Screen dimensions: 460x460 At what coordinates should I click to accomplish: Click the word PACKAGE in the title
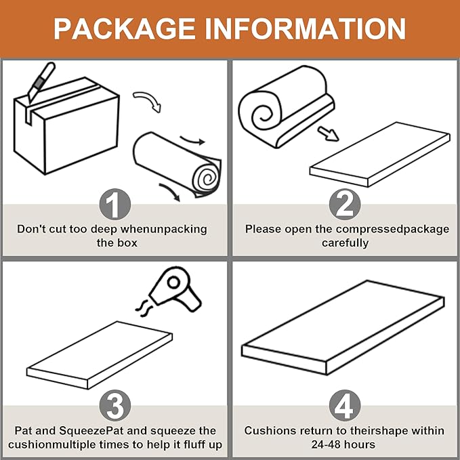coord(125,28)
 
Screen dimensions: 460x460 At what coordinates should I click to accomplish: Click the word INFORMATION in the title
coord(306,28)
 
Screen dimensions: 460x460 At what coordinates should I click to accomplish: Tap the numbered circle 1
coord(115,204)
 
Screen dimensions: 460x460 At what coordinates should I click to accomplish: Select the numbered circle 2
coord(345,204)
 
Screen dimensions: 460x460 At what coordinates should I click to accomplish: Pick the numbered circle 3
coord(115,405)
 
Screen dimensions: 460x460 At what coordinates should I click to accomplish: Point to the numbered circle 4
coord(345,405)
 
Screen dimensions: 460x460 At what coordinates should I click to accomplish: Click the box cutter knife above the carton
coord(41,81)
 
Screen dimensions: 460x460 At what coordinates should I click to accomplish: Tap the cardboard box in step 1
coord(66,125)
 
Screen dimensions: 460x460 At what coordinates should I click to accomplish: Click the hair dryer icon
coord(175,289)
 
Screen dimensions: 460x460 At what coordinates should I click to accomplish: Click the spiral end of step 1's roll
coord(207,178)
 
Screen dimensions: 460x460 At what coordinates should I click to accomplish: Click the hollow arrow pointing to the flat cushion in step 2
coord(329,133)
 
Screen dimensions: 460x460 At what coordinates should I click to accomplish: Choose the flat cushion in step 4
coord(343,327)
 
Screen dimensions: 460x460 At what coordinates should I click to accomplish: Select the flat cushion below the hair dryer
coord(100,355)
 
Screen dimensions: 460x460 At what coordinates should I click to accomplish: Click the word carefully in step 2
coord(345,243)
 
